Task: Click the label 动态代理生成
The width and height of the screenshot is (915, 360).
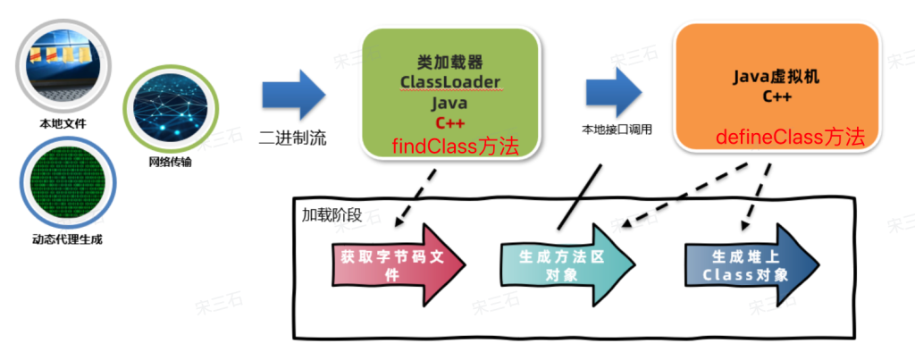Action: (61, 240)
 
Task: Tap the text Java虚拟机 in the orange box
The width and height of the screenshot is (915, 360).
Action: (775, 78)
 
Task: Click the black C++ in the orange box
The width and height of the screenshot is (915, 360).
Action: (775, 96)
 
